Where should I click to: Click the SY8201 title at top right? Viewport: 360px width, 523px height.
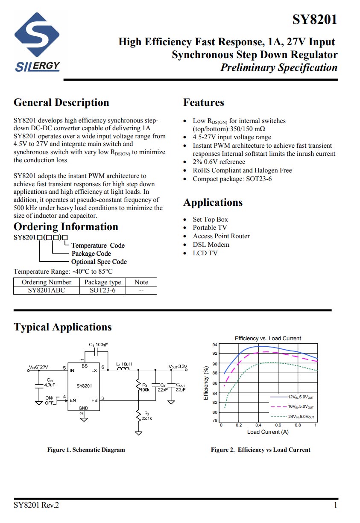(315, 20)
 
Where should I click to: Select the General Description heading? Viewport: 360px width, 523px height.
(61, 102)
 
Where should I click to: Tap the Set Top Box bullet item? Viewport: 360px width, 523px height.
(210, 219)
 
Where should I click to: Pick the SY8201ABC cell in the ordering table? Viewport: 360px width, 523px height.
(47, 290)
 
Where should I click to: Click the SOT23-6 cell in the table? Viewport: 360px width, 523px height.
(102, 290)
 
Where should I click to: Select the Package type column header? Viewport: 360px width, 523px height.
(102, 282)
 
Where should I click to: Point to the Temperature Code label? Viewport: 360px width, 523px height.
(98, 245)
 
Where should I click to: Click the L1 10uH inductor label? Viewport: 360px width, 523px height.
(124, 364)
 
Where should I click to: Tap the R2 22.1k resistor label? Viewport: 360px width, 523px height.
(147, 415)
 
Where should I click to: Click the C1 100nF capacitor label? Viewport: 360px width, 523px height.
(98, 345)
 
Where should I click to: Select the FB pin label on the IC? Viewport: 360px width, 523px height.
(94, 400)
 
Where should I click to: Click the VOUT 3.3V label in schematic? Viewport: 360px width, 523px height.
(178, 367)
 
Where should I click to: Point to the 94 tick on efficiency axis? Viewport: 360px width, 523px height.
(215, 345)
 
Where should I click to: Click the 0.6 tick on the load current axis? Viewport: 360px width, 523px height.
(278, 425)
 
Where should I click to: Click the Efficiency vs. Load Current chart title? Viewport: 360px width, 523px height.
(268, 338)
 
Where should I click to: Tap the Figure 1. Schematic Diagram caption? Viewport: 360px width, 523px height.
(86, 450)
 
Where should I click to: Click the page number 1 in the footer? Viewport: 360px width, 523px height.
(335, 505)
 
